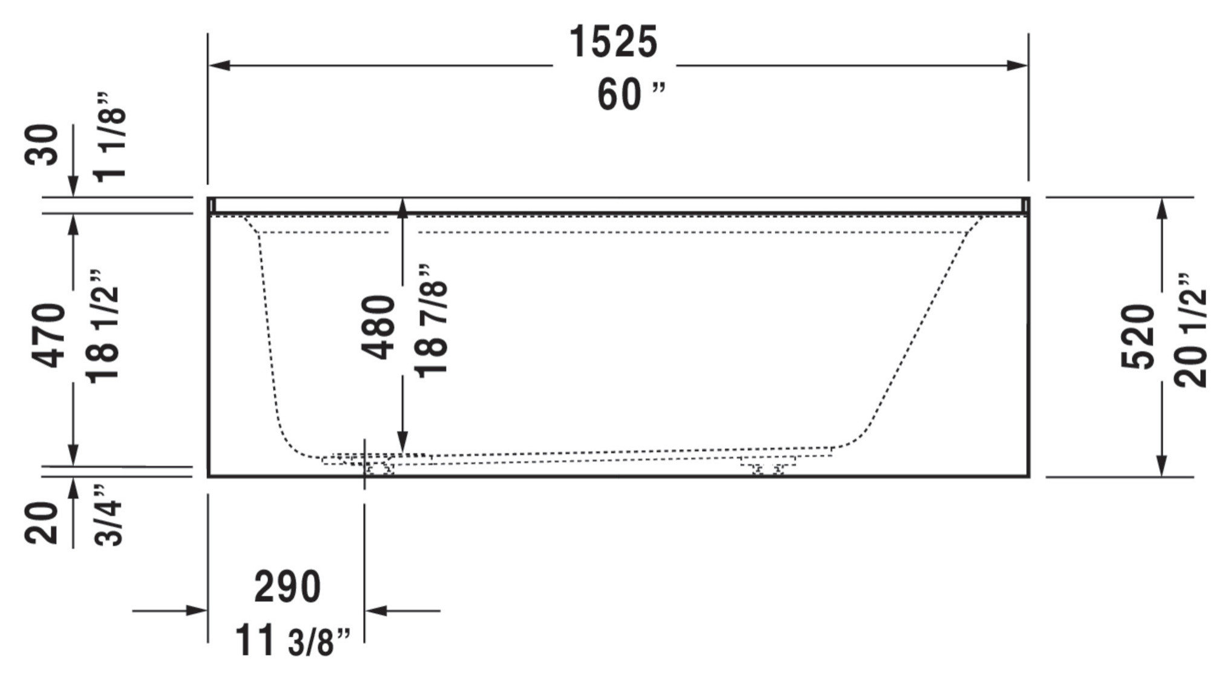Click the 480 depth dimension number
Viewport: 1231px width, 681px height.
click(379, 327)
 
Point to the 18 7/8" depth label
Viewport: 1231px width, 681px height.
click(432, 321)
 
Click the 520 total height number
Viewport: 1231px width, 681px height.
click(1137, 337)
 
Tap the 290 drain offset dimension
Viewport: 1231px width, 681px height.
click(287, 587)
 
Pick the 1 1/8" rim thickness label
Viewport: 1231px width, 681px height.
click(110, 136)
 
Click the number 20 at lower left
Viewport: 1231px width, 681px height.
click(42, 524)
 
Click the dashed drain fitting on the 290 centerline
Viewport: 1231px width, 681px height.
click(375, 468)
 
